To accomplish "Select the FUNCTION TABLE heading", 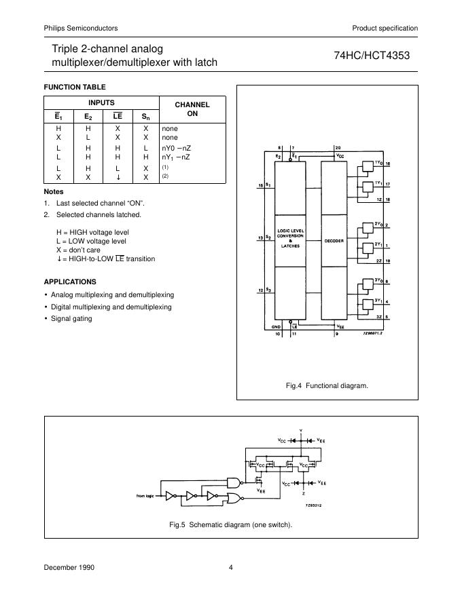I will click(x=75, y=87).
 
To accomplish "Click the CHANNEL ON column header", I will click(x=192, y=109).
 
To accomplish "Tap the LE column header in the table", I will click(x=117, y=116).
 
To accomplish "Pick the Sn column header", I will click(x=145, y=116).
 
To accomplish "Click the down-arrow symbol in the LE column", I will click(x=117, y=177).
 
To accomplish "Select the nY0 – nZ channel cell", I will click(x=176, y=147).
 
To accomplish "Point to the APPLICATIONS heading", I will click(x=70, y=282).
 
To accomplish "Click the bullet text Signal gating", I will click(x=71, y=319).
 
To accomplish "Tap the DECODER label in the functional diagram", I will click(x=334, y=240).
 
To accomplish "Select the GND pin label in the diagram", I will click(x=277, y=326).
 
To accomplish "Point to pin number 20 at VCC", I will click(x=338, y=147).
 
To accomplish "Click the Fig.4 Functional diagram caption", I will click(x=327, y=386).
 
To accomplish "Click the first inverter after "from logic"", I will click(x=172, y=495).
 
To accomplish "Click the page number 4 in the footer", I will click(x=231, y=568).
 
